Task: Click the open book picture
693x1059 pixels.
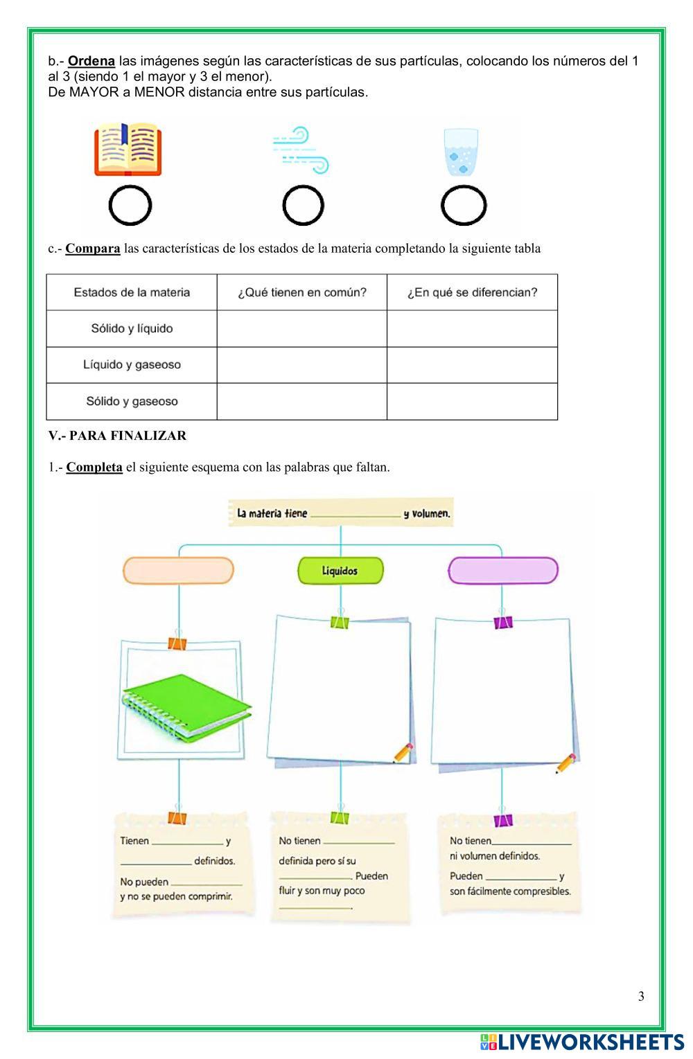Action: (x=128, y=149)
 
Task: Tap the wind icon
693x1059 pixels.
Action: (x=301, y=150)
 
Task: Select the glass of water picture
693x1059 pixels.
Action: (x=461, y=151)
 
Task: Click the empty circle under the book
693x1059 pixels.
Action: (x=130, y=206)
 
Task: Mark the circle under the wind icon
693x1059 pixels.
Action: (x=304, y=206)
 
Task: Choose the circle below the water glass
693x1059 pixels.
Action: (x=464, y=206)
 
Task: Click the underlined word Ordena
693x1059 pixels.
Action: (x=91, y=61)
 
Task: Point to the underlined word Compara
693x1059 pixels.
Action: (x=93, y=248)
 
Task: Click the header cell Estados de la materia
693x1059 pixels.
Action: (x=132, y=292)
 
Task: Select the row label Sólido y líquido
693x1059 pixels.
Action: (x=132, y=328)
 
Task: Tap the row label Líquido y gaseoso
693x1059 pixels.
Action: (x=132, y=364)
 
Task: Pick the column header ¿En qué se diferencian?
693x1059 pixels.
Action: (x=472, y=292)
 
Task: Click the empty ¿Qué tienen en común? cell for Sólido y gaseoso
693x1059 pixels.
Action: (x=301, y=401)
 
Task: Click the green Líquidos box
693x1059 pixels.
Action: (x=340, y=571)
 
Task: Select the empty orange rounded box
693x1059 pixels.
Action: (x=179, y=571)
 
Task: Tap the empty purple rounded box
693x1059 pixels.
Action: (x=502, y=571)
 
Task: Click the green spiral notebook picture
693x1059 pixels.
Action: (x=186, y=706)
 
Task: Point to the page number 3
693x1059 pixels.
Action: (x=641, y=996)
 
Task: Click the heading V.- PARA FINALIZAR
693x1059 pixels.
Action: (x=117, y=436)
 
